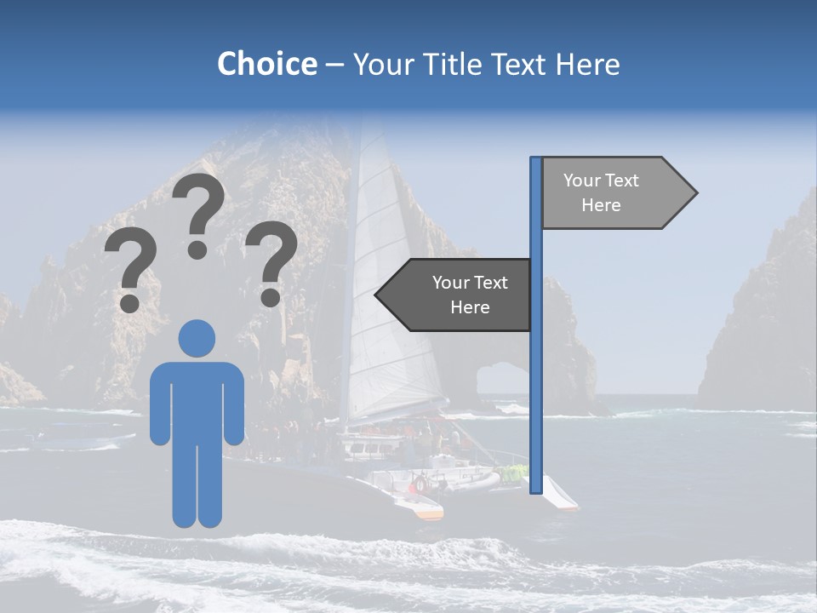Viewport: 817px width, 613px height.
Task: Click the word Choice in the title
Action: (x=266, y=65)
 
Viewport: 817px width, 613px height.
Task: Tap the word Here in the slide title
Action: (x=586, y=65)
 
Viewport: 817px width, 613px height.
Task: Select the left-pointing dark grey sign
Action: (x=460, y=295)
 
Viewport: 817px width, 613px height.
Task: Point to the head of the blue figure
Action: (x=197, y=337)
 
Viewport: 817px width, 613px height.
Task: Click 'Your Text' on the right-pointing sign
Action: (x=601, y=180)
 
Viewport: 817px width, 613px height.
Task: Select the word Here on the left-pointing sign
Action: (x=470, y=307)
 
